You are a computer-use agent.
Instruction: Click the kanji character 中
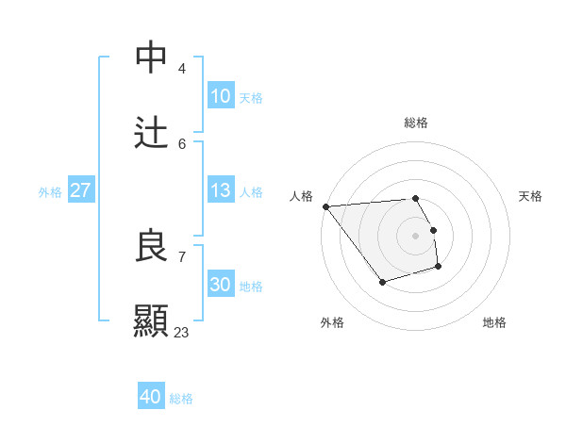coord(152,57)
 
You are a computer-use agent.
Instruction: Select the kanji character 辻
coord(152,132)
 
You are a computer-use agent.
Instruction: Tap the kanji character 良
coord(152,246)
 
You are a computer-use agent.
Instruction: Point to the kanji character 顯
coord(152,320)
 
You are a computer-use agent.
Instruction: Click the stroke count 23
coord(182,332)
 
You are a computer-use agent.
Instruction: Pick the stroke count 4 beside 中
coord(182,69)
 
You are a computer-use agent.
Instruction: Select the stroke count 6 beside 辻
coord(182,143)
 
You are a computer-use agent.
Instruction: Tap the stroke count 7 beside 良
coord(182,256)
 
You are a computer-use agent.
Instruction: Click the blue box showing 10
coord(221,96)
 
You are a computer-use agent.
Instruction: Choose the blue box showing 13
coord(221,190)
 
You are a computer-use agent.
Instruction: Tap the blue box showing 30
coord(221,285)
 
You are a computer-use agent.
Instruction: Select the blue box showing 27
coord(80,190)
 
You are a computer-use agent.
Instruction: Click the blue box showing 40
coord(151,397)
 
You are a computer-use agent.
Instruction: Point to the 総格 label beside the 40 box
coord(182,399)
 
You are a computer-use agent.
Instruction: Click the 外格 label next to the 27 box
coord(50,192)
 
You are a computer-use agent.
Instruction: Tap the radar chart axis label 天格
coord(531,196)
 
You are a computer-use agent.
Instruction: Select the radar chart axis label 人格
coord(301,196)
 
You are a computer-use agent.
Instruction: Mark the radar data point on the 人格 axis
coord(325,206)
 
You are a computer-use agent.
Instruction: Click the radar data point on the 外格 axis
coord(382,282)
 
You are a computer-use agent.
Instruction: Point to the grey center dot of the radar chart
coord(415,235)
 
